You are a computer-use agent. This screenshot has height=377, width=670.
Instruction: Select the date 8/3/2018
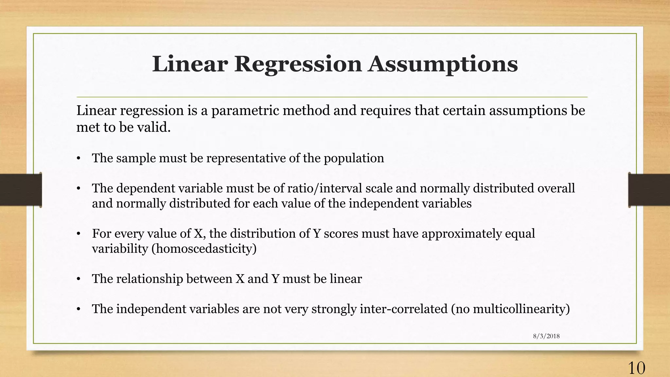point(546,336)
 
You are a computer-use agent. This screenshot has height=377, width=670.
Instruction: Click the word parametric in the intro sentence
point(245,111)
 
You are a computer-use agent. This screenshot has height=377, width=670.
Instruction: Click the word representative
point(246,158)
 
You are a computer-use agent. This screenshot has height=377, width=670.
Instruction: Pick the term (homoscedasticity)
point(204,249)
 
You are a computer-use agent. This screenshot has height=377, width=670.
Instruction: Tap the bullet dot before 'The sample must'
point(79,159)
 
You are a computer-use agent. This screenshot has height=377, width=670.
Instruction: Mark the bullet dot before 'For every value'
point(79,234)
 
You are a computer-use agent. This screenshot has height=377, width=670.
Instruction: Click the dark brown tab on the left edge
point(21,190)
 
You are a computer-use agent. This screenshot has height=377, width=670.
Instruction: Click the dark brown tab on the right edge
point(649,190)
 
